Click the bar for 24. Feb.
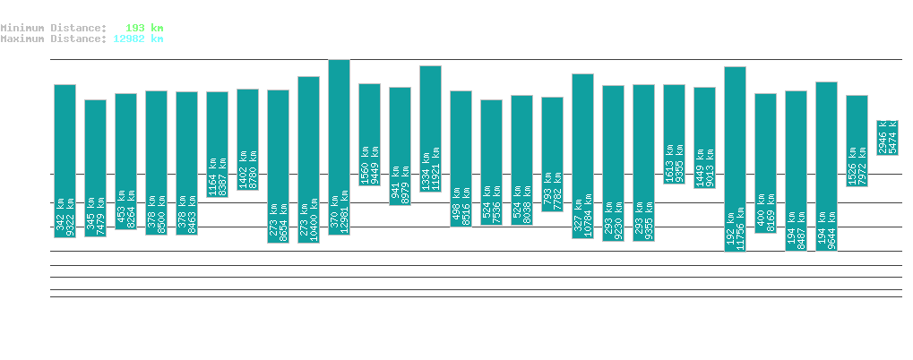pos(339,147)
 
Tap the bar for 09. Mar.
pos(735,159)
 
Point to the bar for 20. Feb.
pos(217,144)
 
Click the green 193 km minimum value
pos(142,28)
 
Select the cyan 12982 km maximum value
pos(138,39)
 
